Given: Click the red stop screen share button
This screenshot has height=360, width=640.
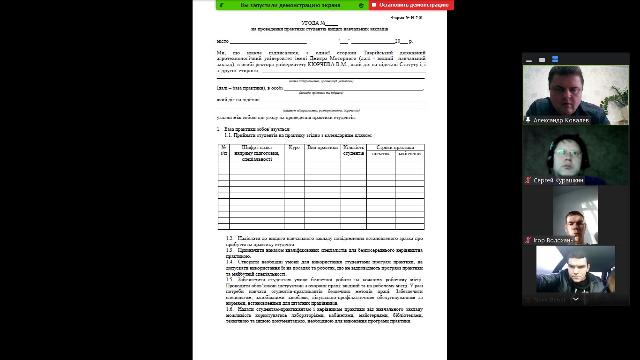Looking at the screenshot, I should [411, 5].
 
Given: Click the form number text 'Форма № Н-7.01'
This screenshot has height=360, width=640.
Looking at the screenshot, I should [407, 18].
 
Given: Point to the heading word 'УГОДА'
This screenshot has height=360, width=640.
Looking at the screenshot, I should [310, 23].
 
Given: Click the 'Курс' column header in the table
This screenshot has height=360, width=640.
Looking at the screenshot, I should [294, 148].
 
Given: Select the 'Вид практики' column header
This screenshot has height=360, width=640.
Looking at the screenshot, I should [322, 148].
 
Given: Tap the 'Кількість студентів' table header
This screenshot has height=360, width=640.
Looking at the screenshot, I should [353, 150].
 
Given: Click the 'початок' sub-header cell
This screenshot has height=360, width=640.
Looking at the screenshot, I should [380, 154].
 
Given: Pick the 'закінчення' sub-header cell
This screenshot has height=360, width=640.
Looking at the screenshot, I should [409, 154].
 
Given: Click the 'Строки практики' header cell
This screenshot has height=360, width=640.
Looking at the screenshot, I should [395, 147].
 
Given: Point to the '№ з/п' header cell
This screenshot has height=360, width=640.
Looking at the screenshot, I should [223, 150].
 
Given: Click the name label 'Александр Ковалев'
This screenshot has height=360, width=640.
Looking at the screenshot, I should [561, 120].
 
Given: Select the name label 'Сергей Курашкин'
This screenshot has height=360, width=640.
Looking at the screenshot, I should [558, 180].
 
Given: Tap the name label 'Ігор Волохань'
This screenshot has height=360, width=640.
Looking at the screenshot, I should [553, 240].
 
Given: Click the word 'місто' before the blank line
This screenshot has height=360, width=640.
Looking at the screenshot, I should [223, 41].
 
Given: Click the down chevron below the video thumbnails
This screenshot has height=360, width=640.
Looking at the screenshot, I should [576, 299].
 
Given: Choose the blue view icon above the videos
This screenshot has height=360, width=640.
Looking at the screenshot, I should [555, 60].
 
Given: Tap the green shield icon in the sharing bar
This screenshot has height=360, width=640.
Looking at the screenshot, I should [361, 6].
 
